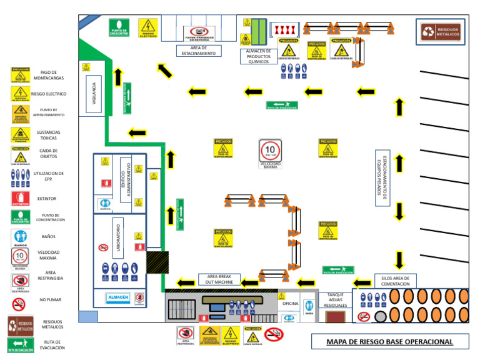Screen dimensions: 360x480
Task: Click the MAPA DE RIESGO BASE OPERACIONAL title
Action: pos(390,342)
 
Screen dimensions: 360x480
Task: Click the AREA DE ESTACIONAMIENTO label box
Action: pos(199,51)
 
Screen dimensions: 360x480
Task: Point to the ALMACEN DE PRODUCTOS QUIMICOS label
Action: pos(258,56)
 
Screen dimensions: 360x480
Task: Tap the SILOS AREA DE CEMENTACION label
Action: pos(395,281)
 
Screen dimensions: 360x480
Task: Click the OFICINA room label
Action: pos(291,303)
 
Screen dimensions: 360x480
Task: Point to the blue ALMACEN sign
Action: pos(117,297)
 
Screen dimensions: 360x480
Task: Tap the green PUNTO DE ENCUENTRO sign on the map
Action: pos(119,27)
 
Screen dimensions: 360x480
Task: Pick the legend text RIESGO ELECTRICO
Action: pos(48,94)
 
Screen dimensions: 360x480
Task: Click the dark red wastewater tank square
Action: pos(336,317)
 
